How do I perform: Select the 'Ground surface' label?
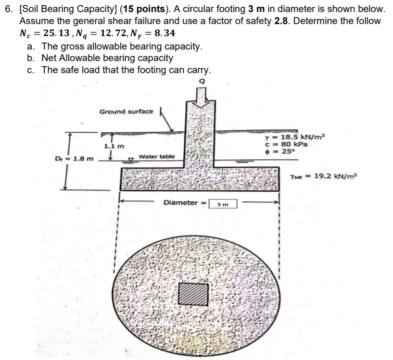[x=126, y=112]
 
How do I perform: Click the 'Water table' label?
[x=157, y=157]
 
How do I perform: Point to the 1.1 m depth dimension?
[x=114, y=145]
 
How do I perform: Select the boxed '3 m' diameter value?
[x=223, y=203]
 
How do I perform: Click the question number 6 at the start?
[x=8, y=9]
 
